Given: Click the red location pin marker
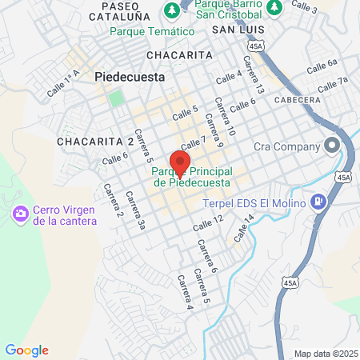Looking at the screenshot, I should tap(180, 163).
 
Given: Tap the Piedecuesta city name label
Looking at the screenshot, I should tap(130, 78).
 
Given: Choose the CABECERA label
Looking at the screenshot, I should tap(297, 100).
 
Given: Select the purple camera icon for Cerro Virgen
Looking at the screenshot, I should tap(19, 214).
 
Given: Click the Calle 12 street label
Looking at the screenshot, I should tap(207, 223).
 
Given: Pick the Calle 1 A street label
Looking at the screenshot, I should tap(64, 83).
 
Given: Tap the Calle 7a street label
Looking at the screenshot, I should tap(334, 83).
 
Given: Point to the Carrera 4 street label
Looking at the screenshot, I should tap(185, 291).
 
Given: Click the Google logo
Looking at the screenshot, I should tap(26, 350).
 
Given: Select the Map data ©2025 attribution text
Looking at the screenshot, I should tap(326, 354).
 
